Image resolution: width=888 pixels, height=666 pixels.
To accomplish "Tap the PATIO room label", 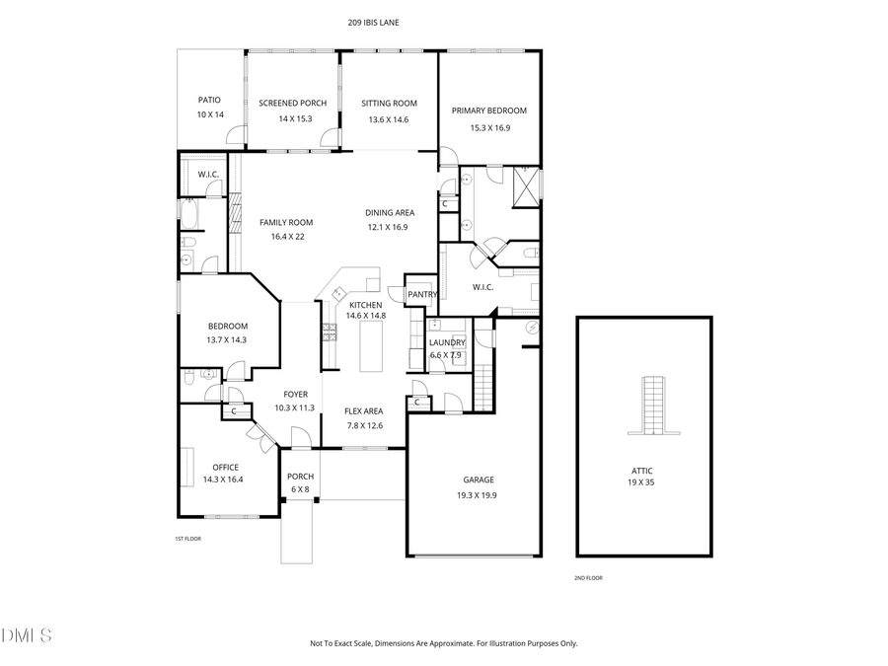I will (209, 100).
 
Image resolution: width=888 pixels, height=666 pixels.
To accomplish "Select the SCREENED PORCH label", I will (292, 104).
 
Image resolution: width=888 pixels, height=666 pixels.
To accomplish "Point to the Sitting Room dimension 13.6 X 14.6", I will (388, 119).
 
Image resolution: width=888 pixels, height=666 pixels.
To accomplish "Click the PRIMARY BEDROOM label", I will (489, 111).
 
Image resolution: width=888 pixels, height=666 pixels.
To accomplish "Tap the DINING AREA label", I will (390, 212).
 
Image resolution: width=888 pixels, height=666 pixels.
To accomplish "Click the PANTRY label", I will (422, 294).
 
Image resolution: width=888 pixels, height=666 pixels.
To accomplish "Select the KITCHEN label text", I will (365, 306).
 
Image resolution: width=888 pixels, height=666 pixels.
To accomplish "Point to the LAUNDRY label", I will (447, 342).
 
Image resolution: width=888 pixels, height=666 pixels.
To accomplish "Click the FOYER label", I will (296, 394).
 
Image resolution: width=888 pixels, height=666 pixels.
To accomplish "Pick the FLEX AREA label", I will (363, 411).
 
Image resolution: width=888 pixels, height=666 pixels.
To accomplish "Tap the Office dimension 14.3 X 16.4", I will (222, 480).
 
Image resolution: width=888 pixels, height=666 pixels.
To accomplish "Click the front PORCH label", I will (300, 477).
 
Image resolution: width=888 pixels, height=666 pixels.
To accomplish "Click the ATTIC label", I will (643, 471).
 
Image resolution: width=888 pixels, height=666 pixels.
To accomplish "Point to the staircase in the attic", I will (652, 405).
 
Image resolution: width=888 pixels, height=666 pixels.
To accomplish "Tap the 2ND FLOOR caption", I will (588, 578).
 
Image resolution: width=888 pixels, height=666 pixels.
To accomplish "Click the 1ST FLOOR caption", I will (187, 539).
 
